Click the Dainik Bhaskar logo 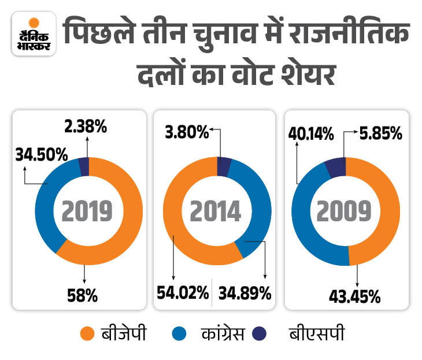(x=34, y=35)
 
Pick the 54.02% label (x=183, y=293)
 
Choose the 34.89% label (x=245, y=293)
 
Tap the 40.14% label (x=312, y=134)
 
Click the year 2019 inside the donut (x=88, y=211)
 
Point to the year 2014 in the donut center (x=217, y=211)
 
